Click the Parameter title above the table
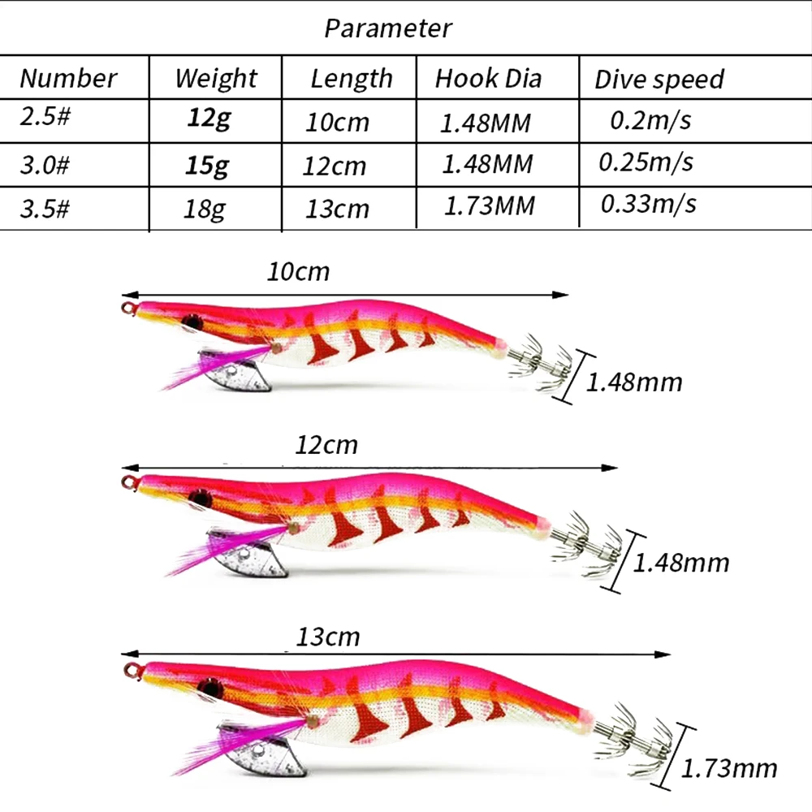pyautogui.click(x=388, y=28)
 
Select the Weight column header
pyautogui.click(x=216, y=79)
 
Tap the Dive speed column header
pyautogui.click(x=659, y=80)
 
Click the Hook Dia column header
pyautogui.click(x=488, y=78)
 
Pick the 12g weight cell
pyautogui.click(x=209, y=119)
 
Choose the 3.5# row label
pyautogui.click(x=45, y=208)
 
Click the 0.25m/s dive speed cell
pyautogui.click(x=646, y=162)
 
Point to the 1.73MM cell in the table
pyautogui.click(x=490, y=205)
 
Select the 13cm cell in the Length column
pyautogui.click(x=337, y=209)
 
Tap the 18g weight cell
pyautogui.click(x=205, y=209)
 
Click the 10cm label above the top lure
pyautogui.click(x=298, y=272)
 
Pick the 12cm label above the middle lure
pyautogui.click(x=326, y=445)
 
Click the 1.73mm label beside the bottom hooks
pyautogui.click(x=729, y=768)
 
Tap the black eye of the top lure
pyautogui.click(x=192, y=322)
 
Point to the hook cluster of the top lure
pyautogui.click(x=540, y=361)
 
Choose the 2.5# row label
pyautogui.click(x=45, y=116)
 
